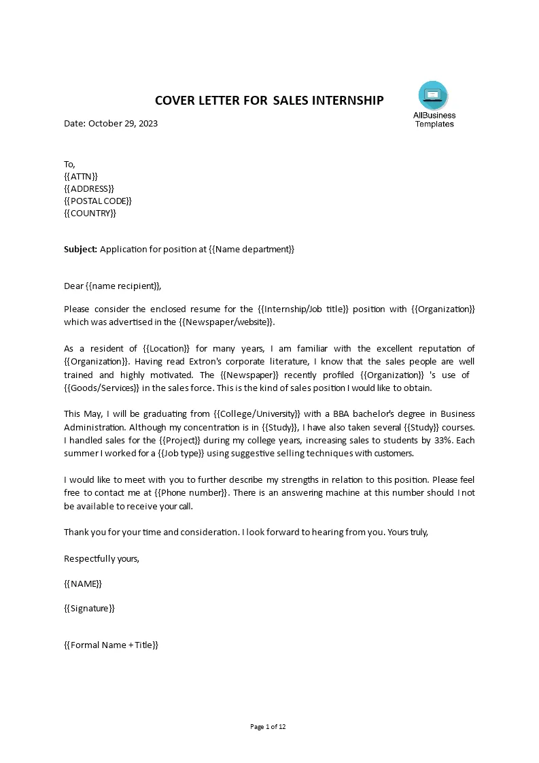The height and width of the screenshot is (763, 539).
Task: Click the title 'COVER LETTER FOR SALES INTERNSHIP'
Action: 269,101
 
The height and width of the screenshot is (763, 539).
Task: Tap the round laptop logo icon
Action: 433,95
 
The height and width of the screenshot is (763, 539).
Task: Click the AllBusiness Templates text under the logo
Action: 434,120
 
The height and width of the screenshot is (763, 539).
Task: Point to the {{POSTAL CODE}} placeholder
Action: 98,201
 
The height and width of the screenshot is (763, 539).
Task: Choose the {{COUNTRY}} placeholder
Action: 90,213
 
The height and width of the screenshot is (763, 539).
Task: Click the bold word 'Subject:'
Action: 81,250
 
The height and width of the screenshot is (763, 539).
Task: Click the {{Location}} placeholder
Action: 148,349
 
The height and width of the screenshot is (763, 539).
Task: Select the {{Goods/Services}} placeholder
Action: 102,388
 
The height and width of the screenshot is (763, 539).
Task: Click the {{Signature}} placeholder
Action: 89,609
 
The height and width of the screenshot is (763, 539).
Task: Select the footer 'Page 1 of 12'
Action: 269,727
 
